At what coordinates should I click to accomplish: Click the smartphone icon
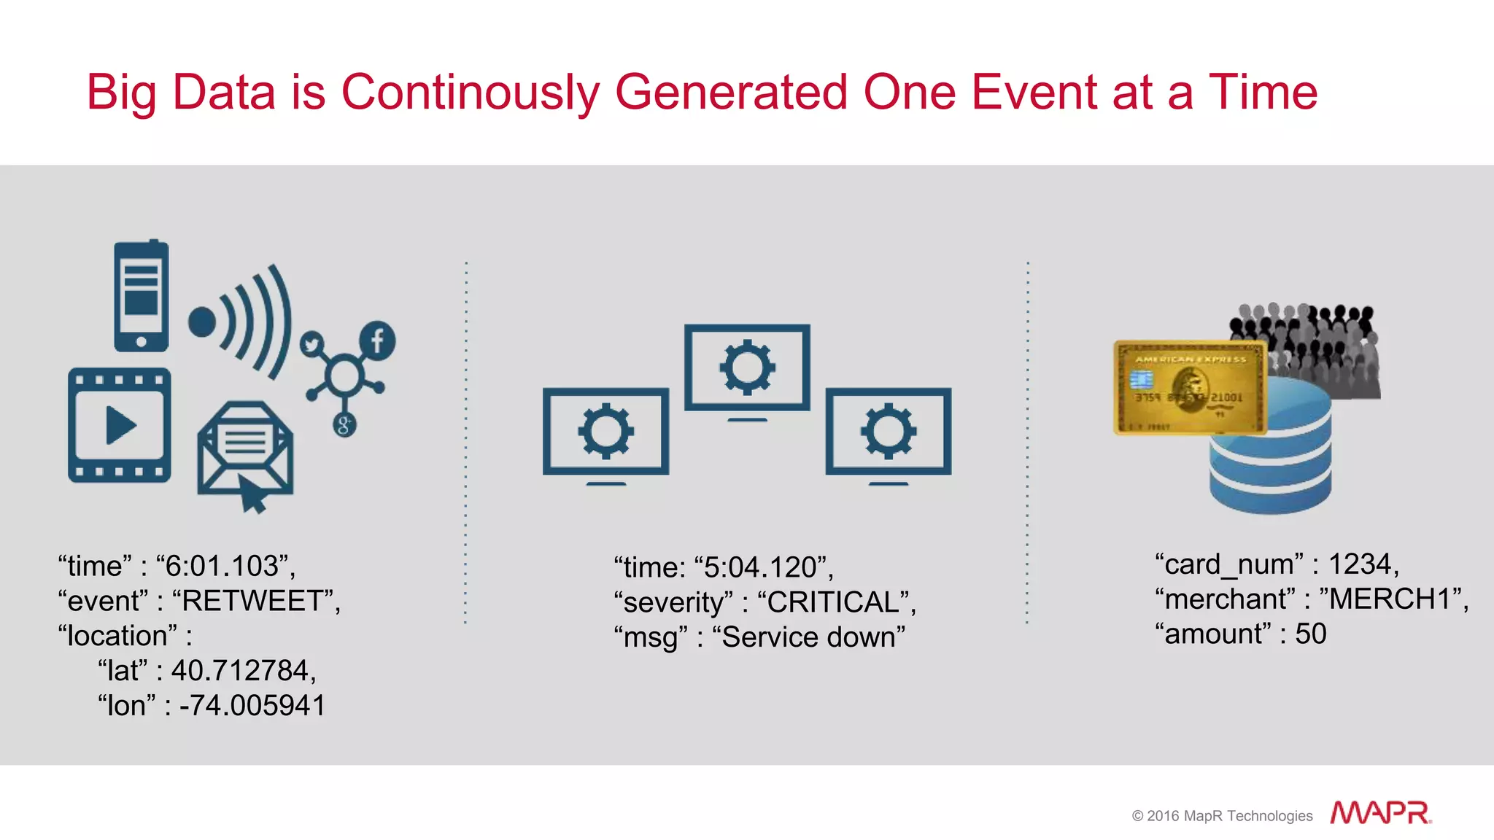point(141,296)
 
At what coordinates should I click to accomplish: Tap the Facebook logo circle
point(377,340)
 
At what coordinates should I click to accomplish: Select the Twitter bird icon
point(312,343)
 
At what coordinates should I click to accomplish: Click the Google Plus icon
point(344,424)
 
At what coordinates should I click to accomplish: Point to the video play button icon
point(120,425)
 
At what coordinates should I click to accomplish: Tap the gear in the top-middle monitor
point(747,367)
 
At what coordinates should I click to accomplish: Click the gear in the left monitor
point(605,431)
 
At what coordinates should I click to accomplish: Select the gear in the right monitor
point(888,431)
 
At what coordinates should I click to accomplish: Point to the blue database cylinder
point(1270,459)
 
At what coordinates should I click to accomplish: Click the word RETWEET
point(251,601)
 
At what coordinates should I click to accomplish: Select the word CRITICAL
point(832,602)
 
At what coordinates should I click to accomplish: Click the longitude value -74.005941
point(252,706)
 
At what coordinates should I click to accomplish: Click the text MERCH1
point(1389,599)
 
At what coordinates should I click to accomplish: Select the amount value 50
point(1311,634)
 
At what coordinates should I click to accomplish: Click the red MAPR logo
point(1379,812)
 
